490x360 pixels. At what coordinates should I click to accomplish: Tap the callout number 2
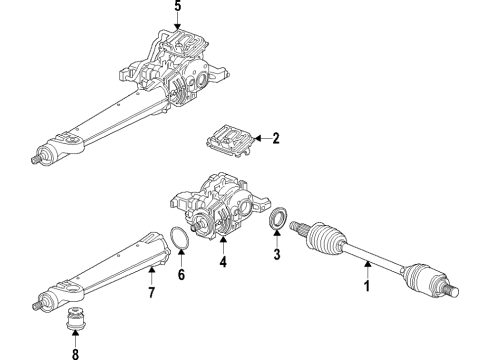point(276,138)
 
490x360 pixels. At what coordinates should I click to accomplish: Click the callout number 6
point(181,274)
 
